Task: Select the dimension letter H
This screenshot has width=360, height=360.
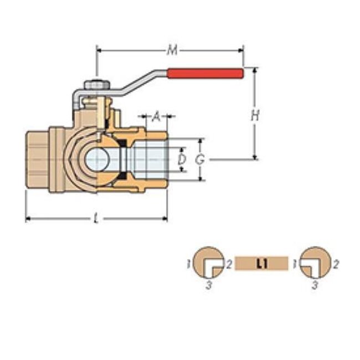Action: click(x=255, y=116)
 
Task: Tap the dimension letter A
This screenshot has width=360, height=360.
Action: click(x=156, y=117)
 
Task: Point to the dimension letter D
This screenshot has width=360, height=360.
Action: click(x=181, y=160)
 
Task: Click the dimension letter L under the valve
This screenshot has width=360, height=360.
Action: click(x=96, y=219)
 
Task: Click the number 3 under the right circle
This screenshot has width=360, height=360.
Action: click(x=315, y=286)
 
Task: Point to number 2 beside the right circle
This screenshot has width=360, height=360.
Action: click(x=336, y=263)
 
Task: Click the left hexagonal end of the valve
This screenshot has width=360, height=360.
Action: click(x=38, y=161)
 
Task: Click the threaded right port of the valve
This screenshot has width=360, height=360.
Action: click(x=152, y=160)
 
